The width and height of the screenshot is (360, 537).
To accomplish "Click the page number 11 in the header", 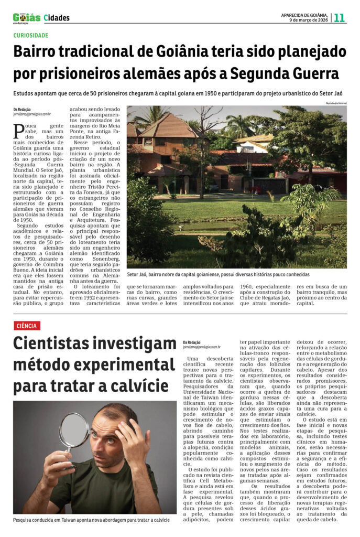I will [x=340, y=17].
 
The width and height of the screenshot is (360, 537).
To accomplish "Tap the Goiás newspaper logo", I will [x=26, y=18].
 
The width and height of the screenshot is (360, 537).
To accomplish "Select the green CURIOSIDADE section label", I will [x=30, y=35].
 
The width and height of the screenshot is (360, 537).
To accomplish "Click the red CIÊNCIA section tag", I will [x=27, y=326].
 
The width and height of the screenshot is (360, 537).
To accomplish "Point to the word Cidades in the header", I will [x=57, y=18].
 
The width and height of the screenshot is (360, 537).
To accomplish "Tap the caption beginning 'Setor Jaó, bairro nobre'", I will [x=217, y=274].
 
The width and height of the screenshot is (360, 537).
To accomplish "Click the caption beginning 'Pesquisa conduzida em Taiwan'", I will [x=92, y=520].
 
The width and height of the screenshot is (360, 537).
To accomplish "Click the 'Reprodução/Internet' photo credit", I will [x=336, y=103].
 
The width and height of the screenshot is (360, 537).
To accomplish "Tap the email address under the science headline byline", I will [x=202, y=347].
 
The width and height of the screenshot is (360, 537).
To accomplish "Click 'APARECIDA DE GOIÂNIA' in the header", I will [x=304, y=14].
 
